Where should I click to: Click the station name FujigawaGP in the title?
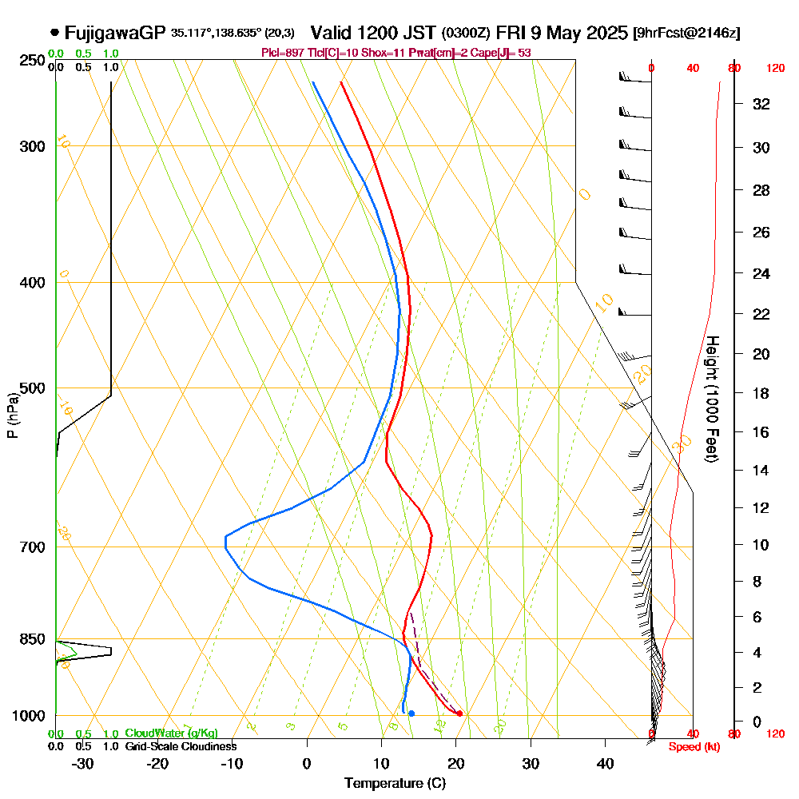tap(115, 33)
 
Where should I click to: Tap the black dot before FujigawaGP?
tap(54, 33)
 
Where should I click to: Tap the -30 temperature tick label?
tap(82, 763)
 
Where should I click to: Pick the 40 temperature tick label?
tap(605, 763)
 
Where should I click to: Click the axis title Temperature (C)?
tap(395, 783)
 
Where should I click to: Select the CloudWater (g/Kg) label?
tap(171, 733)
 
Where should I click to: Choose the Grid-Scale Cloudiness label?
tap(180, 746)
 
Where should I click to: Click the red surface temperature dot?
tap(459, 714)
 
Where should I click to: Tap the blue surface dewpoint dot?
tap(411, 714)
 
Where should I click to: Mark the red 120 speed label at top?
tap(774, 69)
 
